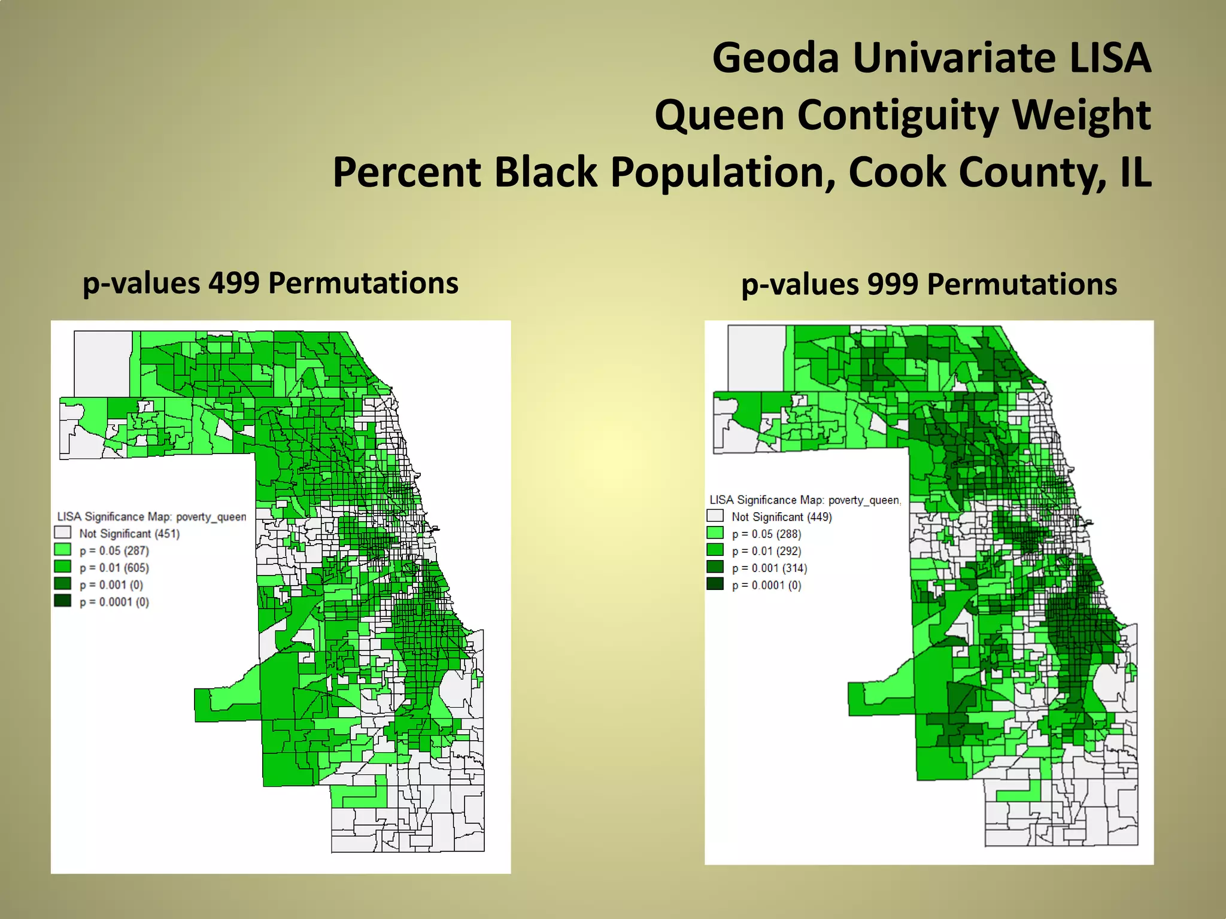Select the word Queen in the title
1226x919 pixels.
click(718, 115)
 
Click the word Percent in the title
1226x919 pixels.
click(406, 172)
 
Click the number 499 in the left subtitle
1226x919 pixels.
click(233, 283)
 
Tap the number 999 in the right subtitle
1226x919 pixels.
click(892, 284)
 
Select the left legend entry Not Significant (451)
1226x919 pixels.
click(129, 534)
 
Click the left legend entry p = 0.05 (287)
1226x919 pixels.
click(114, 550)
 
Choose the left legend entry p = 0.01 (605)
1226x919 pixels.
click(114, 568)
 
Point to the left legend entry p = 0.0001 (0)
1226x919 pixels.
click(114, 602)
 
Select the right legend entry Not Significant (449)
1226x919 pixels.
click(781, 517)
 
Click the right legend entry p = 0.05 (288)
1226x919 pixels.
click(766, 534)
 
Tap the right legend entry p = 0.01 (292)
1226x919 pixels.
click(766, 551)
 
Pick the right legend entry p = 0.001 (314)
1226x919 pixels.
click(769, 568)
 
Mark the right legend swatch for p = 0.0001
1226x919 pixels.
click(715, 584)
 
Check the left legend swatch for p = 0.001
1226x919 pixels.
click(62, 583)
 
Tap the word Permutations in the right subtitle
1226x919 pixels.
click(1022, 284)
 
